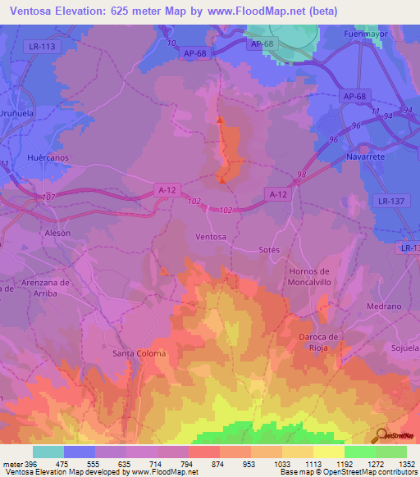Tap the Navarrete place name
[366, 155]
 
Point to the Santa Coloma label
[139, 353]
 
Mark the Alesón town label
[57, 232]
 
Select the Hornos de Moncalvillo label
[309, 276]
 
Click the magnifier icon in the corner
[381, 435]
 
